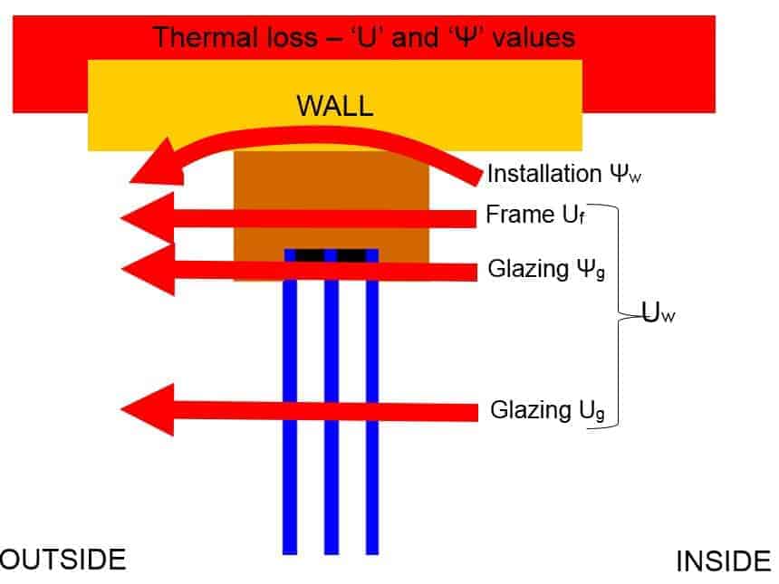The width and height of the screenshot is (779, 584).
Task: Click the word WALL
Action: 334,106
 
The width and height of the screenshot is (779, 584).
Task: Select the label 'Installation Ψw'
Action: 556,173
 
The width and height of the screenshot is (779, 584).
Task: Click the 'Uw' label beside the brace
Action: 659,316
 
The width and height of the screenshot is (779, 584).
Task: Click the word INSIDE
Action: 723,562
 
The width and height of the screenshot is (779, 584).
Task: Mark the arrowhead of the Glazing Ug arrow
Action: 145,410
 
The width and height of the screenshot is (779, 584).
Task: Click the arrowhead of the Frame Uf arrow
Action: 145,217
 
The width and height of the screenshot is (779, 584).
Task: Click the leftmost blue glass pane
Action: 290,407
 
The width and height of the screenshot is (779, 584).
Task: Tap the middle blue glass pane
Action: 332,407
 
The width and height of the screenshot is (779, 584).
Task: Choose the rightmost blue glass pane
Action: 371,407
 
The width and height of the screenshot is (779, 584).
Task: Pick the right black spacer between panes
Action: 351,255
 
